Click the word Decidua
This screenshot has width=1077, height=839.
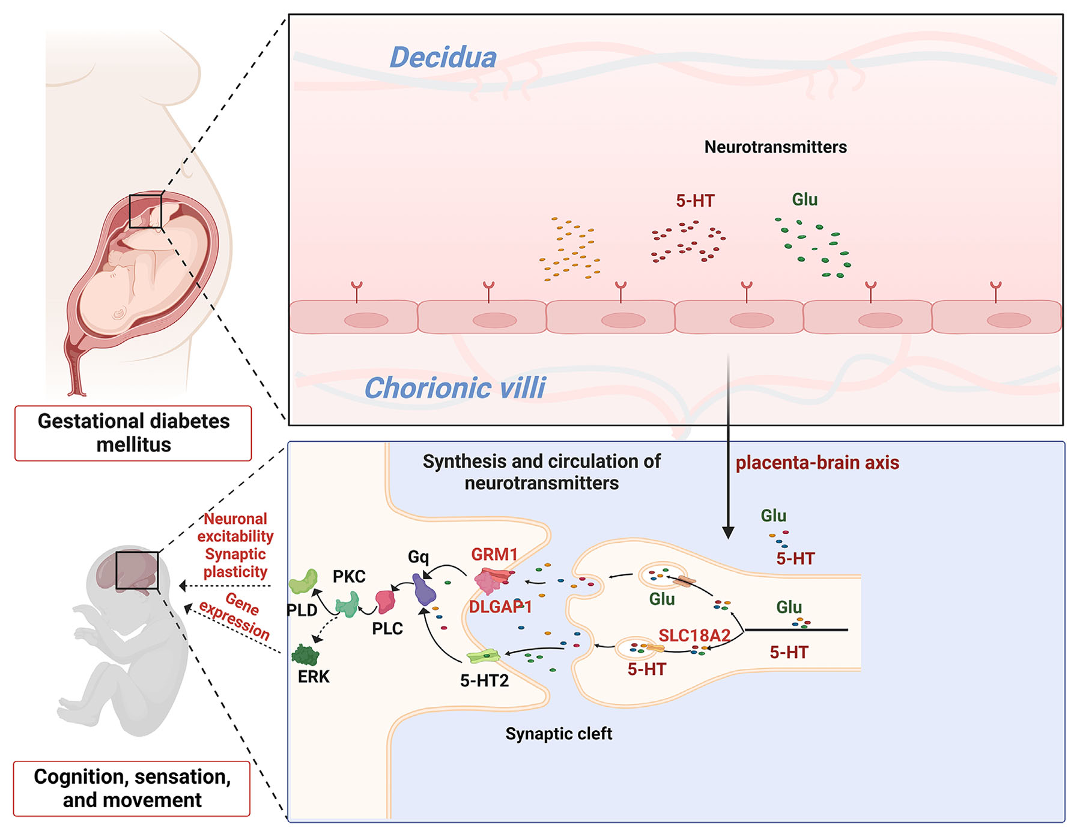(x=443, y=58)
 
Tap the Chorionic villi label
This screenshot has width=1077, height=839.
(x=455, y=388)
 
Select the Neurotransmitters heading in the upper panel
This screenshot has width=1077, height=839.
(x=775, y=147)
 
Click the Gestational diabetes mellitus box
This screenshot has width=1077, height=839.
(x=133, y=433)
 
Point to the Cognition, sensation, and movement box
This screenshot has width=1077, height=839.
(x=132, y=788)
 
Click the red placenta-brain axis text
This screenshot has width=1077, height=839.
(x=817, y=463)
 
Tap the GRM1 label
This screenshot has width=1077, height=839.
(x=494, y=554)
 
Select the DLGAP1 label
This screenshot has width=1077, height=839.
(x=500, y=607)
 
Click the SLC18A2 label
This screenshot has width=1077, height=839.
(x=694, y=635)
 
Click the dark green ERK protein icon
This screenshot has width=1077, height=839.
(x=305, y=654)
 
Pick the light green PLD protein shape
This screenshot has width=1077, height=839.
(x=303, y=582)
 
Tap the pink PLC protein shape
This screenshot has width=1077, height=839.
(x=385, y=601)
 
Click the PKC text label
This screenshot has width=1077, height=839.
(x=349, y=577)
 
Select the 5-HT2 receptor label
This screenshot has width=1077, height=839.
(x=484, y=681)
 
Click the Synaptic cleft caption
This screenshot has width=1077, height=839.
(x=559, y=734)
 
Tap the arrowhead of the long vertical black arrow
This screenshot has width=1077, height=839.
(x=728, y=532)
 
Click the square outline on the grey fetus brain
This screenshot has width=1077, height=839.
(x=137, y=570)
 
